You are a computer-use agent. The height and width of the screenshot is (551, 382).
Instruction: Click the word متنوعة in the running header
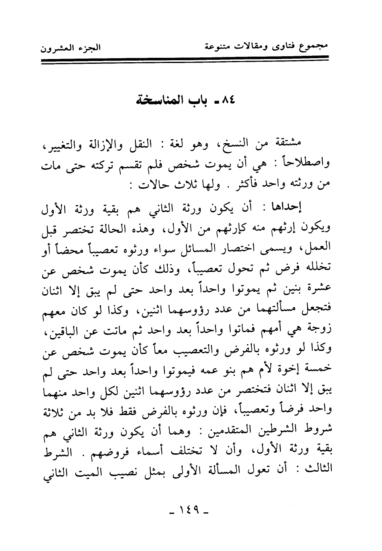coord(219,47)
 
